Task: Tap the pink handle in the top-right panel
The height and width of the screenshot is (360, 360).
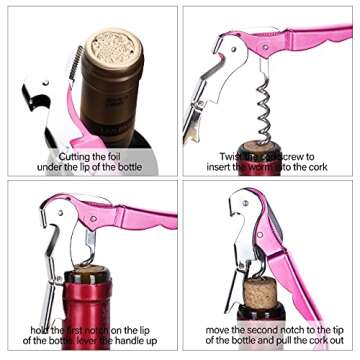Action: [300, 45]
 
